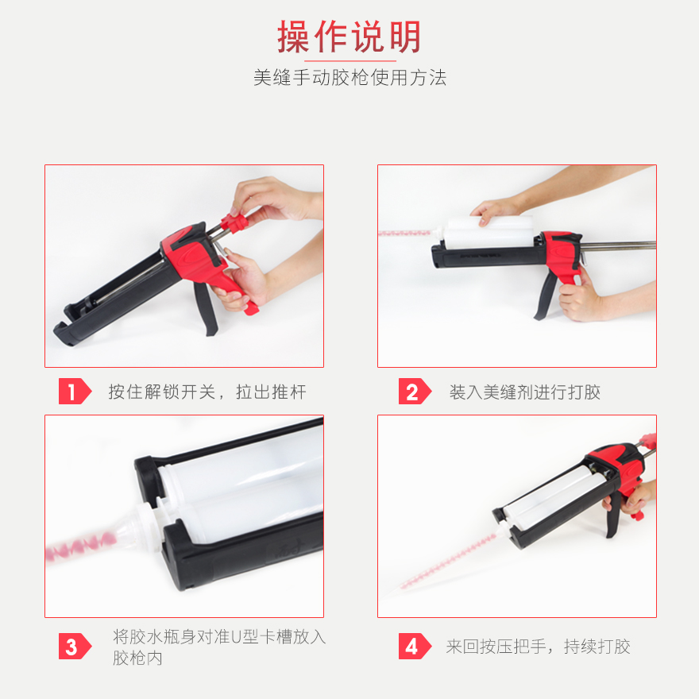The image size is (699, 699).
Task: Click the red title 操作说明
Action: [x=349, y=37]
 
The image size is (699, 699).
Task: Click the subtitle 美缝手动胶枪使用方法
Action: [x=350, y=78]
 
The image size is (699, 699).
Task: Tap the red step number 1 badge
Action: [x=75, y=392]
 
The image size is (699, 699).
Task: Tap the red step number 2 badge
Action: [x=415, y=392]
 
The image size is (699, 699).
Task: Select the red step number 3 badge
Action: [x=75, y=646]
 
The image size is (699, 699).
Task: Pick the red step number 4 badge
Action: [x=415, y=646]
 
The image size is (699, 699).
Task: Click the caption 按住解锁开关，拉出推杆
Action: [x=207, y=392]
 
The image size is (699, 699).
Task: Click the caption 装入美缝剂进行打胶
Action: [x=525, y=392]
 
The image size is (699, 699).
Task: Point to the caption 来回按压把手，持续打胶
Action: [x=538, y=647]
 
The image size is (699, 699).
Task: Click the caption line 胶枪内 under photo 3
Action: [x=137, y=658]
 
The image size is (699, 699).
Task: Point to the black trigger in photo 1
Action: [x=206, y=308]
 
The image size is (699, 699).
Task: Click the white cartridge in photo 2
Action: [x=489, y=233]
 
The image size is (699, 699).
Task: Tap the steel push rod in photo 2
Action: [x=618, y=245]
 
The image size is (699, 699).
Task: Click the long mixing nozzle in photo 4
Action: [x=447, y=562]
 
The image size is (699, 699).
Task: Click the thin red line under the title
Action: [x=350, y=60]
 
